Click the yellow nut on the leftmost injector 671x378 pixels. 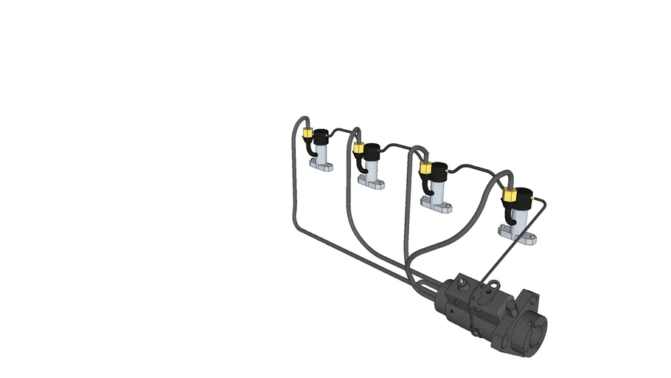tap(307, 134)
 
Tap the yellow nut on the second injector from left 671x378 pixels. tap(358, 148)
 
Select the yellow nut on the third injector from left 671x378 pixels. tap(425, 168)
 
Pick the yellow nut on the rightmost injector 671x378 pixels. tap(509, 195)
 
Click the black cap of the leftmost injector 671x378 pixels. tap(321, 137)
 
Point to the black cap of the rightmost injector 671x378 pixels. tap(525, 199)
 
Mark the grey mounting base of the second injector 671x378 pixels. tap(371, 183)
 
